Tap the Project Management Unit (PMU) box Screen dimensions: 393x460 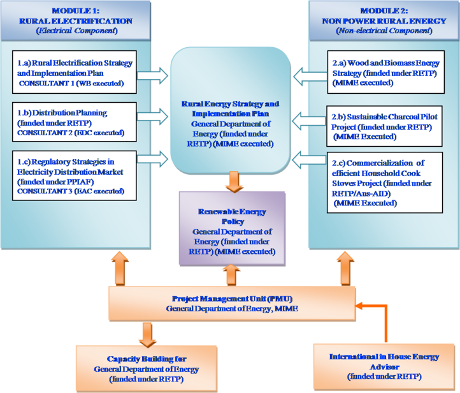coord(232,303)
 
